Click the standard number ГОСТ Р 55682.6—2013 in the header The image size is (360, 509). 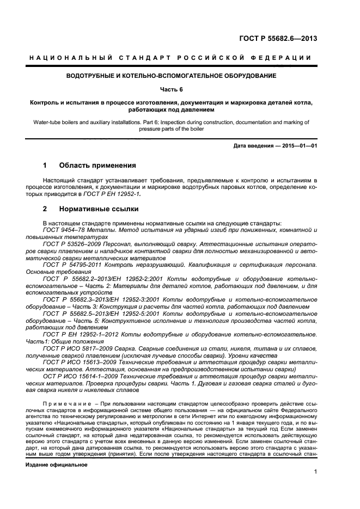[278, 38]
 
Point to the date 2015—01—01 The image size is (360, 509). [295, 146]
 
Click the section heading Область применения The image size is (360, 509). [97, 165]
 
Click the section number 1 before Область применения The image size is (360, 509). [45, 165]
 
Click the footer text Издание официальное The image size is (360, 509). [57, 451]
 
